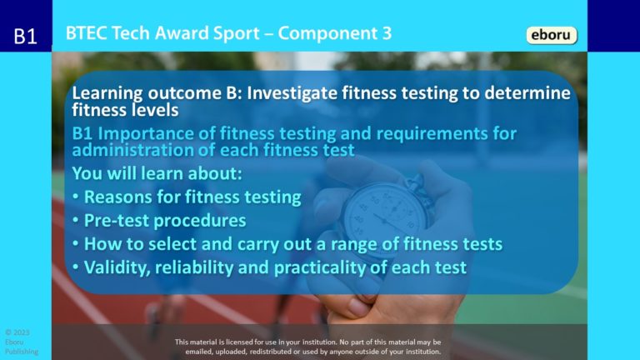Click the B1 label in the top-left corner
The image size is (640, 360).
click(x=26, y=37)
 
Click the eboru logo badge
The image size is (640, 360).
click(x=552, y=35)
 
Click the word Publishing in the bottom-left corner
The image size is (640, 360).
click(x=21, y=351)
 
